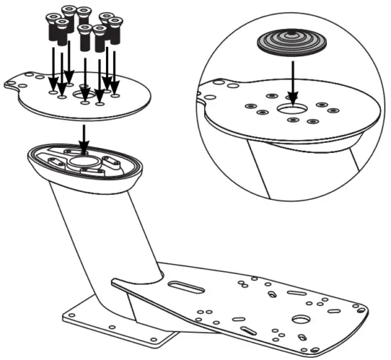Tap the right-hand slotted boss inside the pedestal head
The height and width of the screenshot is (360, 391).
(x=112, y=160)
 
